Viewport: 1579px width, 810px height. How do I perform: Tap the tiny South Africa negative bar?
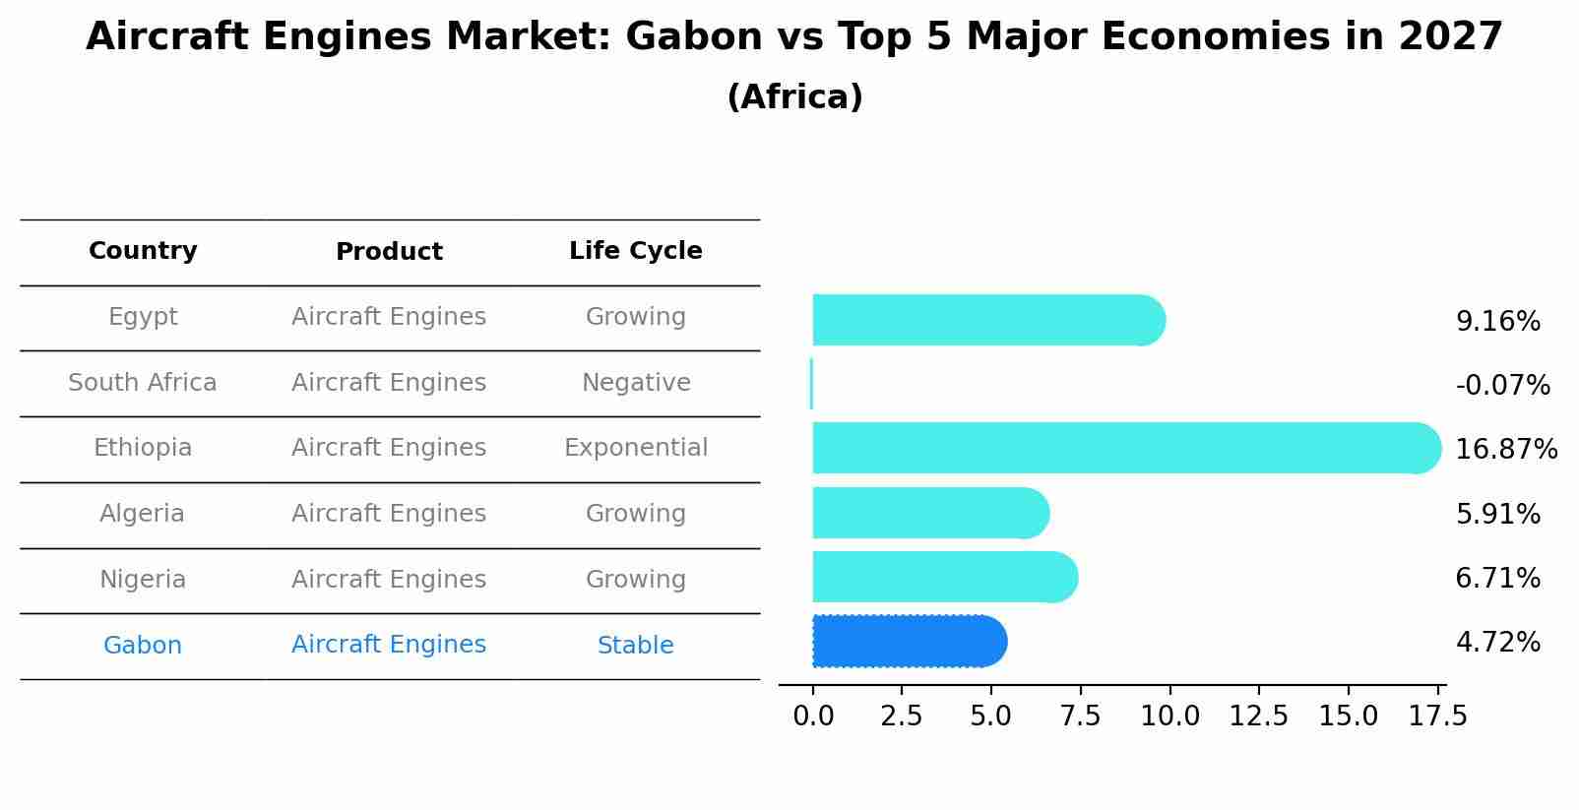(x=811, y=384)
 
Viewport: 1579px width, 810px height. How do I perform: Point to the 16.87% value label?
(x=1505, y=450)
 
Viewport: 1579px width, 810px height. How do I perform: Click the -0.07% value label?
(x=1502, y=386)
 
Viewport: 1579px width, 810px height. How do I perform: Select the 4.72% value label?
(x=1497, y=643)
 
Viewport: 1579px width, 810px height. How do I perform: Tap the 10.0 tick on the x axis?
(x=1169, y=717)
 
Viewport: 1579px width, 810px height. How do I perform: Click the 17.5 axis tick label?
(x=1437, y=717)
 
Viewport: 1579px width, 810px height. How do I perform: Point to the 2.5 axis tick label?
(x=902, y=717)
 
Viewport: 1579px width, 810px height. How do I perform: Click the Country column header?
(x=143, y=251)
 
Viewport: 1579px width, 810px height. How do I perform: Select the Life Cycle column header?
(x=635, y=251)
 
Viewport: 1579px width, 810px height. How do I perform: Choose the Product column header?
(x=389, y=252)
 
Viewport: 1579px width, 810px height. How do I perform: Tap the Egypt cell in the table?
(x=143, y=317)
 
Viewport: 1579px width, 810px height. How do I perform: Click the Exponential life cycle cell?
(x=635, y=448)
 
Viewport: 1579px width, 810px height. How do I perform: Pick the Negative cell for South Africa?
(x=635, y=383)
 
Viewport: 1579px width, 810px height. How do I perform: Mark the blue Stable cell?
(x=635, y=646)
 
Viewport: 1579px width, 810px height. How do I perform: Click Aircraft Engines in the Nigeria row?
(x=389, y=580)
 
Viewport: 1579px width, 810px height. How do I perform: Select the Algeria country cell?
(x=142, y=514)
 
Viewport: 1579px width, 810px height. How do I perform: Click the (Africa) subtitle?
(x=794, y=97)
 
